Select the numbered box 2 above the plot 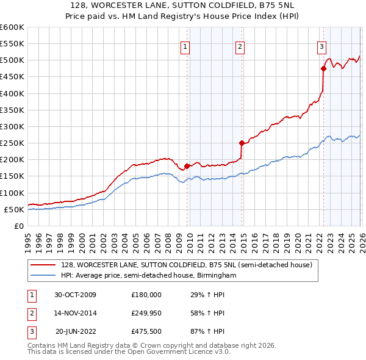coord(240,46)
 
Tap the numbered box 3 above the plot coord(321,46)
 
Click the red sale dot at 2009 coord(187,166)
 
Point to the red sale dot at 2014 coord(242,143)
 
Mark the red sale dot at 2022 coord(323,68)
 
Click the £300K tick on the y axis coord(12,126)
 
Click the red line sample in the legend coord(43,265)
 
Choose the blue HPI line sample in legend coord(43,275)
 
